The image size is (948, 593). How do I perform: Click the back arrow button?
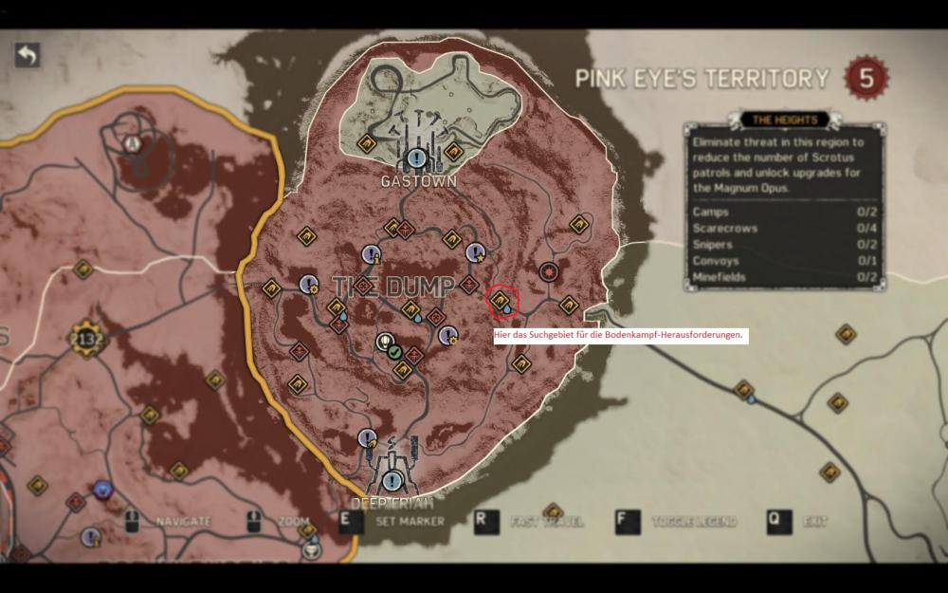(27, 55)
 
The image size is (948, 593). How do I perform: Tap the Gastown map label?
(418, 180)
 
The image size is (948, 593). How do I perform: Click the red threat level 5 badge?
(866, 77)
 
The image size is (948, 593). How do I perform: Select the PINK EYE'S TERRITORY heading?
(702, 79)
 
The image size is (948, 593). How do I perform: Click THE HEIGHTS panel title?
(784, 120)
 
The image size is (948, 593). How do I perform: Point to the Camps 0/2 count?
(864, 213)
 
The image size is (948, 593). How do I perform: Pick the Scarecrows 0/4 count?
(864, 229)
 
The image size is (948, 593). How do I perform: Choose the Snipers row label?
(713, 245)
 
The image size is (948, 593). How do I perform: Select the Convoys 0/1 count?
(864, 261)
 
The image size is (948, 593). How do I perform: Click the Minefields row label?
(719, 277)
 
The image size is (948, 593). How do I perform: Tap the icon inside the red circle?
(499, 302)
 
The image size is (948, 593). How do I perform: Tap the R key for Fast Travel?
(485, 521)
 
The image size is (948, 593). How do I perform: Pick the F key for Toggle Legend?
(627, 521)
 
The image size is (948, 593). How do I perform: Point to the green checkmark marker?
(393, 352)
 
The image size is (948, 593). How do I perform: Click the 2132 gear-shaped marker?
(86, 339)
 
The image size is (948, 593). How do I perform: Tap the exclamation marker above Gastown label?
(416, 158)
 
